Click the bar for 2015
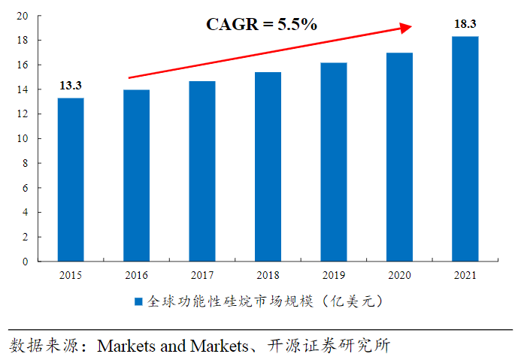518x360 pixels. tap(71, 180)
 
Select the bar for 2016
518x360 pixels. tap(136, 175)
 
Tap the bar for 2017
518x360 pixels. tap(202, 171)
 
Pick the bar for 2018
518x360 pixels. tap(268, 167)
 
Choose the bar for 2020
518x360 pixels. tap(399, 157)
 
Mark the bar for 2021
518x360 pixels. tap(465, 149)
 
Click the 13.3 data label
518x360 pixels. tap(71, 86)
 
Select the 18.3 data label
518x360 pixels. tap(465, 24)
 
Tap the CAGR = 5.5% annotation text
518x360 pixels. tap(262, 24)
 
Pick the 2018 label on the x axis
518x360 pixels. tap(268, 276)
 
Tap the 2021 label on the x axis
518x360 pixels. tap(465, 276)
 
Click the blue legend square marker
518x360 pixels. tap(139, 302)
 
